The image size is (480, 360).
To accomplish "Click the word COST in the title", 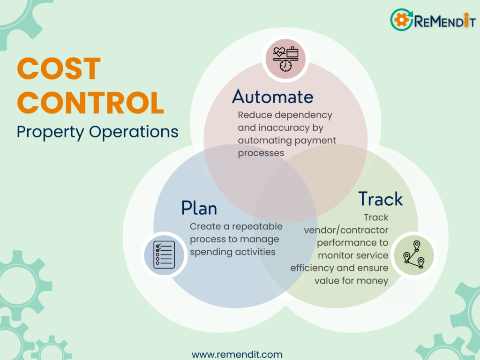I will [x=59, y=68].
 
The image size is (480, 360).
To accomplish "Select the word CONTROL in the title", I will [x=90, y=103].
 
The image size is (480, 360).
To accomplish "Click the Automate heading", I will [x=272, y=97].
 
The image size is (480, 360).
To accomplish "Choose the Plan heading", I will [x=199, y=208].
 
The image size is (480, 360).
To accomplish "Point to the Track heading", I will [x=380, y=199].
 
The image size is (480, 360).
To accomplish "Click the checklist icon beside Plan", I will [x=164, y=255].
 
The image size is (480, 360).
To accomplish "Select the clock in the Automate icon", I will [x=285, y=66].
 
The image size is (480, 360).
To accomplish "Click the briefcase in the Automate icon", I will [x=292, y=52].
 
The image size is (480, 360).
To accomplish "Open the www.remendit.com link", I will [x=237, y=354].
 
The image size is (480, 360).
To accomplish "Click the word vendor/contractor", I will [x=346, y=230].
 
